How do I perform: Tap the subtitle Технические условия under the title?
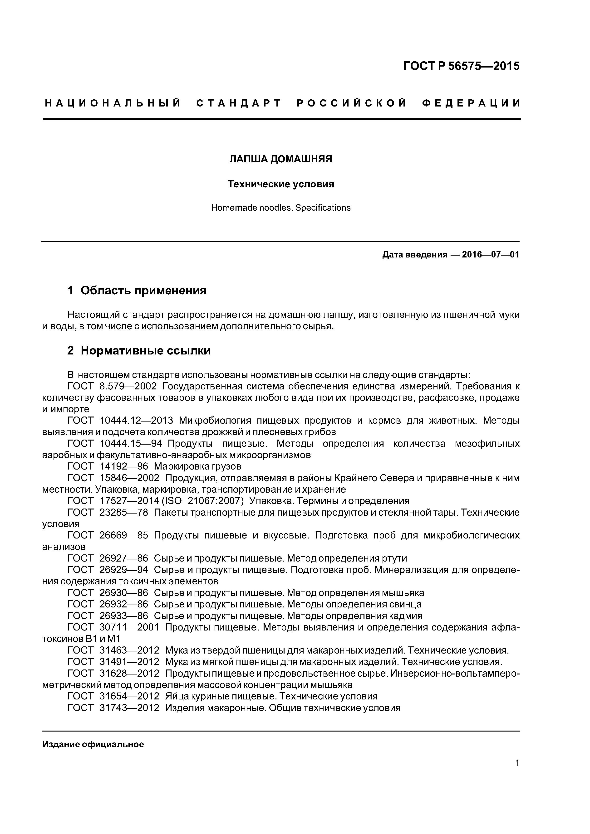pos(281,184)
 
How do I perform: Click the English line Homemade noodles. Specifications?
pos(281,208)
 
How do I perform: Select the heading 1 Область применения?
pos(137,291)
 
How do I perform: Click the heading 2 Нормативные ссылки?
pos(139,351)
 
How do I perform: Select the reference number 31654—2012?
pos(129,696)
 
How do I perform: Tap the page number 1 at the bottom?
pos(517,773)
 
